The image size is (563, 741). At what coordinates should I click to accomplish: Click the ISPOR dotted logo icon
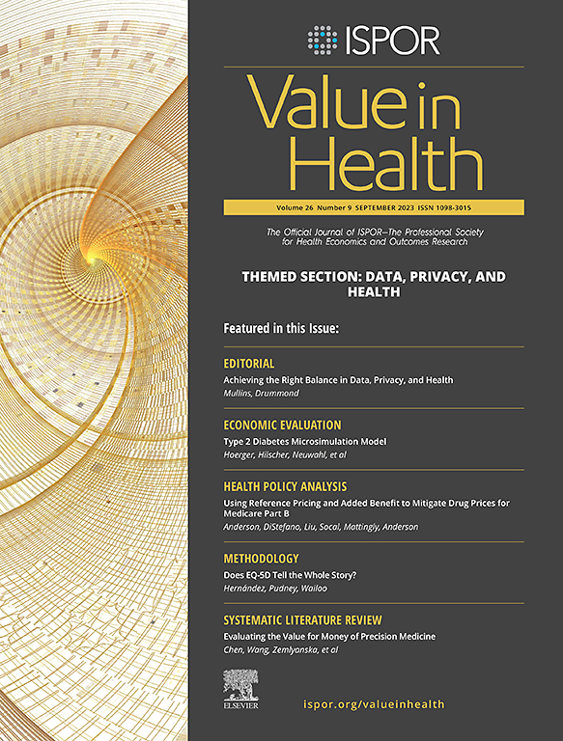pyautogui.click(x=323, y=40)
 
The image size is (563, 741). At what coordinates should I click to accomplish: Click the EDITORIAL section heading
pyautogui.click(x=249, y=364)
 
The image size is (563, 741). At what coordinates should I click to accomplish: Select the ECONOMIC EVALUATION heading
pyautogui.click(x=282, y=425)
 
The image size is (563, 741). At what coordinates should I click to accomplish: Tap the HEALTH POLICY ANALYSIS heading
pyautogui.click(x=285, y=486)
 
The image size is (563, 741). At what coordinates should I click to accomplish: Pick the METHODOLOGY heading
pyautogui.click(x=261, y=558)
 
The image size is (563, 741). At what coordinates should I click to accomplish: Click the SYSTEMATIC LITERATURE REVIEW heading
pyautogui.click(x=302, y=619)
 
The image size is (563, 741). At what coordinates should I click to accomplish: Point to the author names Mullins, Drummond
pyautogui.click(x=259, y=394)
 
